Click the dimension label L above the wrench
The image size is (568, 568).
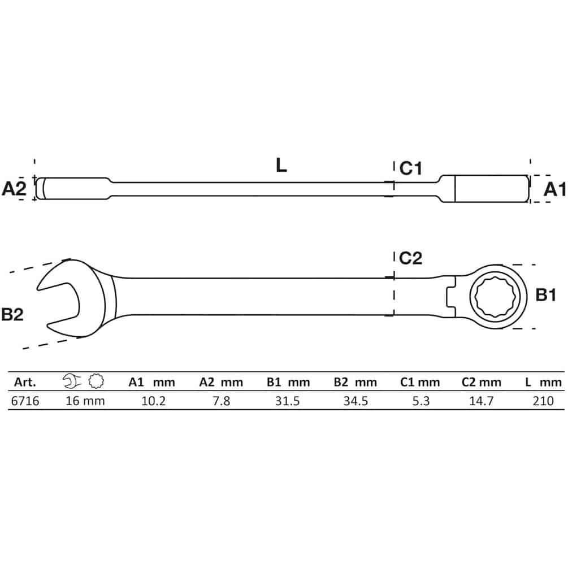point(281,165)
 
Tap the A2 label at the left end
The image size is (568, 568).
point(14,189)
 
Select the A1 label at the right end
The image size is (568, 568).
point(554,189)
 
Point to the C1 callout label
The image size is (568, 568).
point(410,168)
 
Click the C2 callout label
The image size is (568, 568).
point(410,258)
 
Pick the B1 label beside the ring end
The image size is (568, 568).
point(545,295)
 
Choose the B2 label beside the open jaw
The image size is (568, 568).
point(12,314)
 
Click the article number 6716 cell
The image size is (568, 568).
point(25,401)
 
